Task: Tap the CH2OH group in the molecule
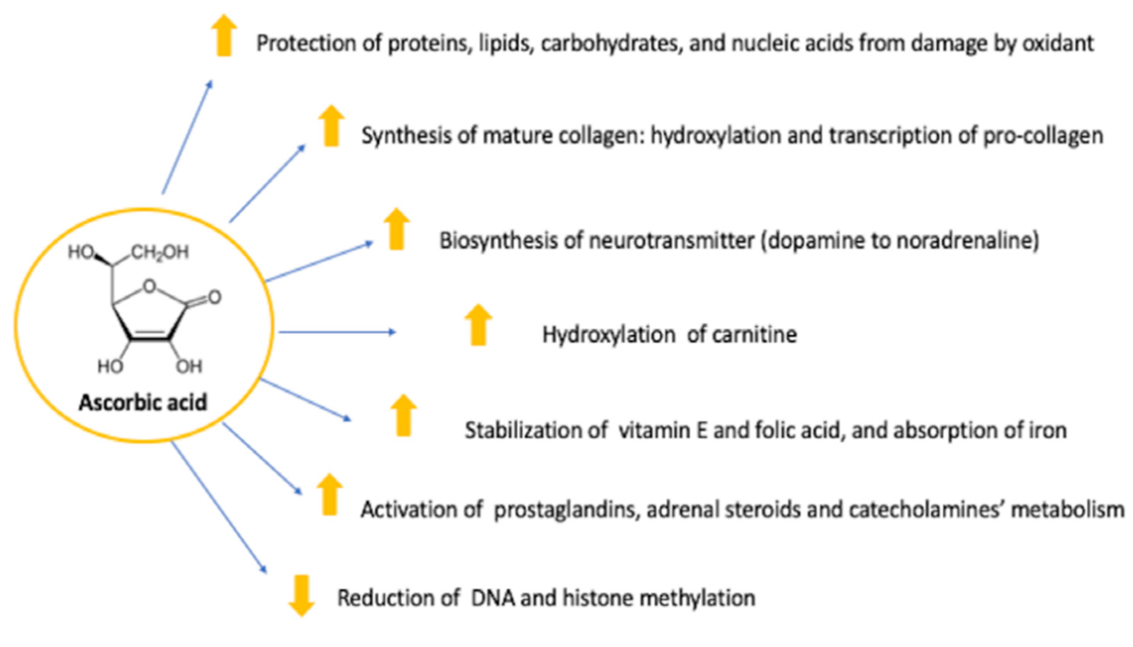pos(160,252)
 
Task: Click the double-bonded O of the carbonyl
pos(214,297)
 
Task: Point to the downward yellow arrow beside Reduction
pos(301,595)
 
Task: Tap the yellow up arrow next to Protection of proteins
pos(224,35)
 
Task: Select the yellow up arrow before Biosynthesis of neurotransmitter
pos(396,229)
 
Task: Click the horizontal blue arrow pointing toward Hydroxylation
pos(336,332)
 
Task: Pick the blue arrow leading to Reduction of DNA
pos(219,507)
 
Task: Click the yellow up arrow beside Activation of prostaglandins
pos(329,494)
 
